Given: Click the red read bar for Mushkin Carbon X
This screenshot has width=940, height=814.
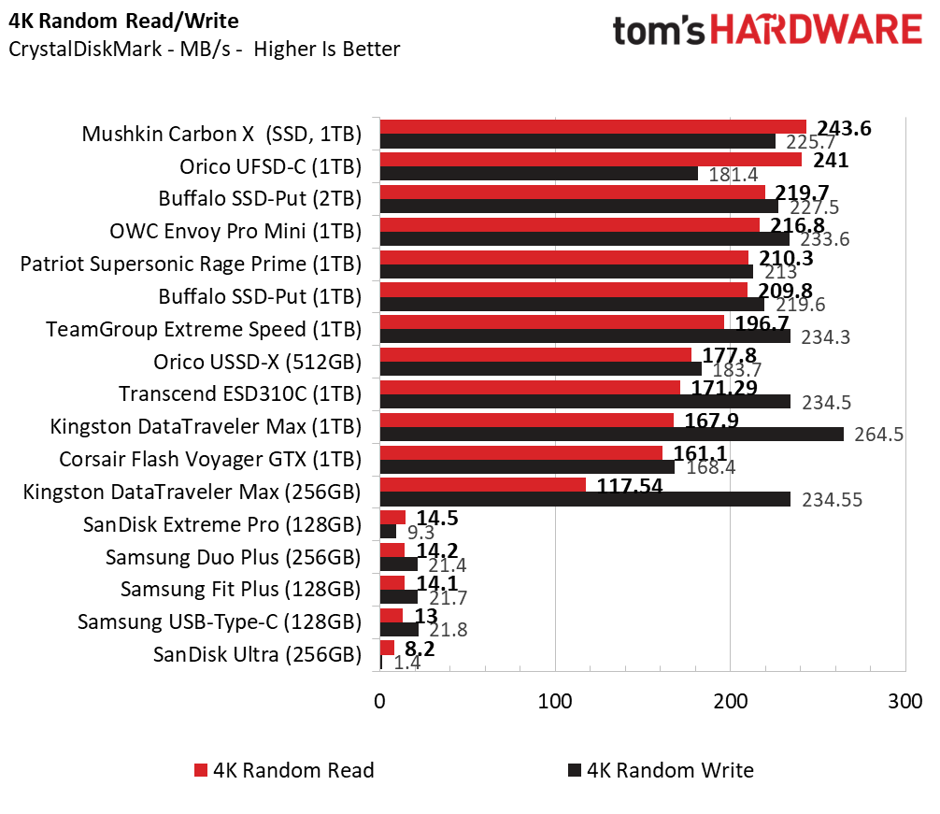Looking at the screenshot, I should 593,127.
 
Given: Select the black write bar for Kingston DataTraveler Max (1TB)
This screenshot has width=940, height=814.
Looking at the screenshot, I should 612,434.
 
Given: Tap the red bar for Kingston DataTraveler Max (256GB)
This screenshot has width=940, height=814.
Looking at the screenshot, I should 483,485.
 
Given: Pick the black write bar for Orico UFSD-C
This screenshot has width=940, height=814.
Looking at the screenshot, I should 539,173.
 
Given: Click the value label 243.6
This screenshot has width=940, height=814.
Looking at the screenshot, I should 844,129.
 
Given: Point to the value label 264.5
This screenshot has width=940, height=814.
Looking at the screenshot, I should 878,436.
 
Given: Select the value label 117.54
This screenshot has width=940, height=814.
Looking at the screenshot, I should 625,485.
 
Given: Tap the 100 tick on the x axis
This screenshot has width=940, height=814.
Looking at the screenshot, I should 555,700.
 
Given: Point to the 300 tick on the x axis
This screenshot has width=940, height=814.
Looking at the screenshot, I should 904,700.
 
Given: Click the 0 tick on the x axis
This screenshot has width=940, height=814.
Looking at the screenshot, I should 380,700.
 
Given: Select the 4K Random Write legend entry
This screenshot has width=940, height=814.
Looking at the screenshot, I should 660,770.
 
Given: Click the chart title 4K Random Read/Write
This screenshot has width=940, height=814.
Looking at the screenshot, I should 123,21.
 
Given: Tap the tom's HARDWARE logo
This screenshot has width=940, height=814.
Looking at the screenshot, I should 766,31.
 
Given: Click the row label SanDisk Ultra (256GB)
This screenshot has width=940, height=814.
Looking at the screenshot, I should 257,654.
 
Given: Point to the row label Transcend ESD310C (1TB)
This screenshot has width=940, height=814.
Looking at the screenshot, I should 239,394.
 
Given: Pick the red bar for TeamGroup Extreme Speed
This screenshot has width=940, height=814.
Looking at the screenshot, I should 552,322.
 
